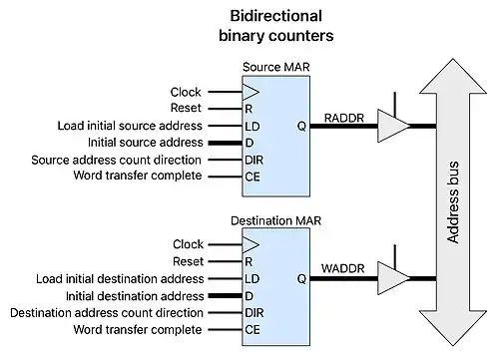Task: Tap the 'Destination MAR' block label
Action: (275, 219)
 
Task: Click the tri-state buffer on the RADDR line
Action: (393, 126)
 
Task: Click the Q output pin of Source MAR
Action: (300, 127)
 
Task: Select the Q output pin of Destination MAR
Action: (300, 278)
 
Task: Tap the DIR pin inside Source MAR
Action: (254, 160)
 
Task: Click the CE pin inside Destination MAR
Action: (252, 329)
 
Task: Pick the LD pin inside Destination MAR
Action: (252, 278)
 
